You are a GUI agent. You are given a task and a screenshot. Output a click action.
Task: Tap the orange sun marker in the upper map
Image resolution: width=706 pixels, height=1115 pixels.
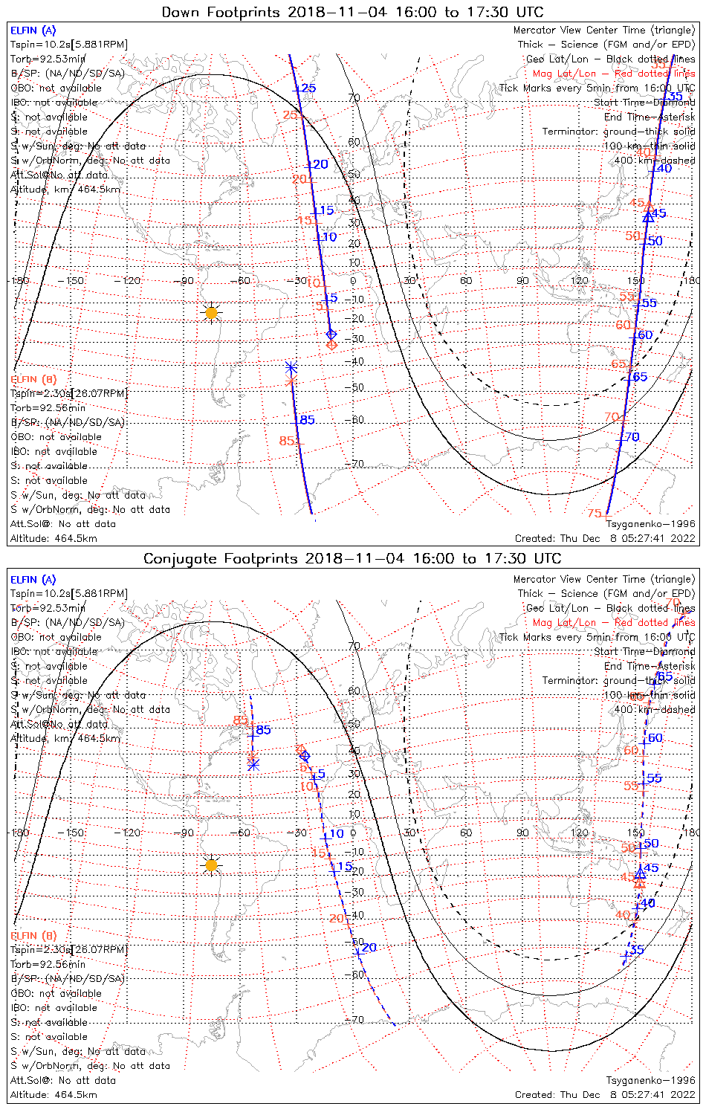(211, 313)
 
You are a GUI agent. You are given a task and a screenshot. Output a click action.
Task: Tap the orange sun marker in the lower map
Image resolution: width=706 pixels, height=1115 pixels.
(211, 865)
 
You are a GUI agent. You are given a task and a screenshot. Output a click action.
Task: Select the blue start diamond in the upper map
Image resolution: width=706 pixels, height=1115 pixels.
(331, 334)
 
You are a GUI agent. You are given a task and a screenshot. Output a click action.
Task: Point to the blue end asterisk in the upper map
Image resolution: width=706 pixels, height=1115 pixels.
(291, 367)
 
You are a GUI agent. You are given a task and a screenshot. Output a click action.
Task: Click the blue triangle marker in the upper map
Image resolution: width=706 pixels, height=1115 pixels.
(649, 216)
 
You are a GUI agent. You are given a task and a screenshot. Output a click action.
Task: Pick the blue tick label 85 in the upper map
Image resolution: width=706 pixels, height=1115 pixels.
(307, 420)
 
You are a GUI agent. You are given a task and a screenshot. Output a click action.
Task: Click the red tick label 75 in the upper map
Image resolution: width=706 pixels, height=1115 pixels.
(595, 514)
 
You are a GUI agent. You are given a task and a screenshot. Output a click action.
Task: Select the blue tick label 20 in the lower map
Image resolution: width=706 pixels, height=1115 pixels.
(369, 948)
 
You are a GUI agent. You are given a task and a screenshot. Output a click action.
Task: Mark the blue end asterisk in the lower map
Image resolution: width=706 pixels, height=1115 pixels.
(253, 764)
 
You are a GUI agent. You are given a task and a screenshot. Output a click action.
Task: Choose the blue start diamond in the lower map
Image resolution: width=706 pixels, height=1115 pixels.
(305, 756)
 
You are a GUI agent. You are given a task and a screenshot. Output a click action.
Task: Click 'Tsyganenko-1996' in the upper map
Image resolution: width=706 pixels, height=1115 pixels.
(650, 524)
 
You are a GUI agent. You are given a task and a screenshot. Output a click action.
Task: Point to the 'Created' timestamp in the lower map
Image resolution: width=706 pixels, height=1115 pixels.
(605, 1095)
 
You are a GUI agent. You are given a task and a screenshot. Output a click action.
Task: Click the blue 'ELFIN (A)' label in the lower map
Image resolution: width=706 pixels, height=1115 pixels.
(33, 580)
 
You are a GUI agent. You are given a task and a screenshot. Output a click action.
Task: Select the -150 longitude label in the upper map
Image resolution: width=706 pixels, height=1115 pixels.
(75, 280)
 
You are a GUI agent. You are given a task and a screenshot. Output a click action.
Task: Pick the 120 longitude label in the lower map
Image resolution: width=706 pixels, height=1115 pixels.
(580, 833)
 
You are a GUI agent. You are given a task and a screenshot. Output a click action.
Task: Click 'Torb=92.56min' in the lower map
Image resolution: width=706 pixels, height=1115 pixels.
(48, 964)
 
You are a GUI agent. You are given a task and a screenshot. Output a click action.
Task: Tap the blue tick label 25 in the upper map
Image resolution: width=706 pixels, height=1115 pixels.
(308, 88)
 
